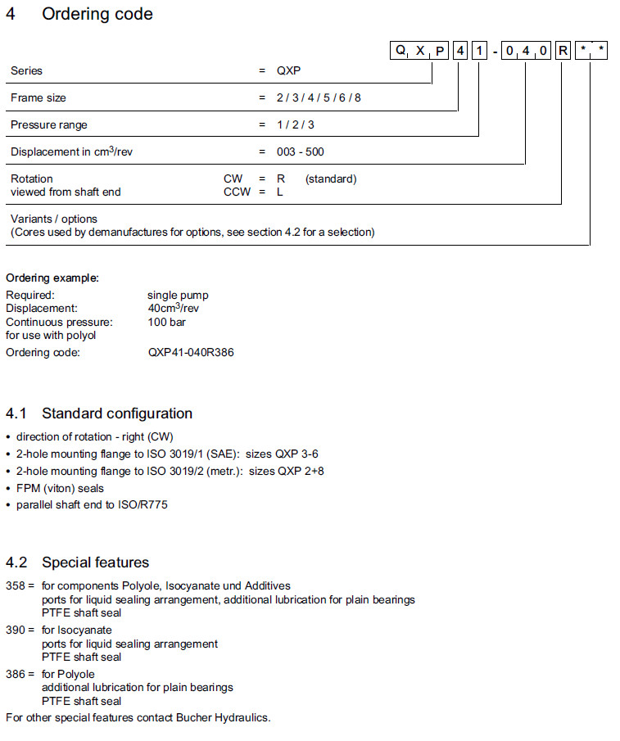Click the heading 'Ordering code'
click(x=97, y=14)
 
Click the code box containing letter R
click(x=563, y=52)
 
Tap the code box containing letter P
click(x=441, y=52)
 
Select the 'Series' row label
click(x=26, y=70)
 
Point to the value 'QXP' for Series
click(x=288, y=70)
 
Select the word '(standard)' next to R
click(x=331, y=178)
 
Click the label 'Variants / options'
click(x=53, y=219)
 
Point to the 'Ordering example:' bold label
click(x=52, y=278)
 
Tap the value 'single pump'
click(x=178, y=295)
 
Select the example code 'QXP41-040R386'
click(x=191, y=352)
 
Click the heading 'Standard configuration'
click(x=117, y=413)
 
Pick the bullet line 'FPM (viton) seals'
click(x=60, y=489)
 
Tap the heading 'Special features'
click(x=95, y=562)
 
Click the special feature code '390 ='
click(x=20, y=630)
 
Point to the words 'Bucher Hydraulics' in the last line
click(x=222, y=717)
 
